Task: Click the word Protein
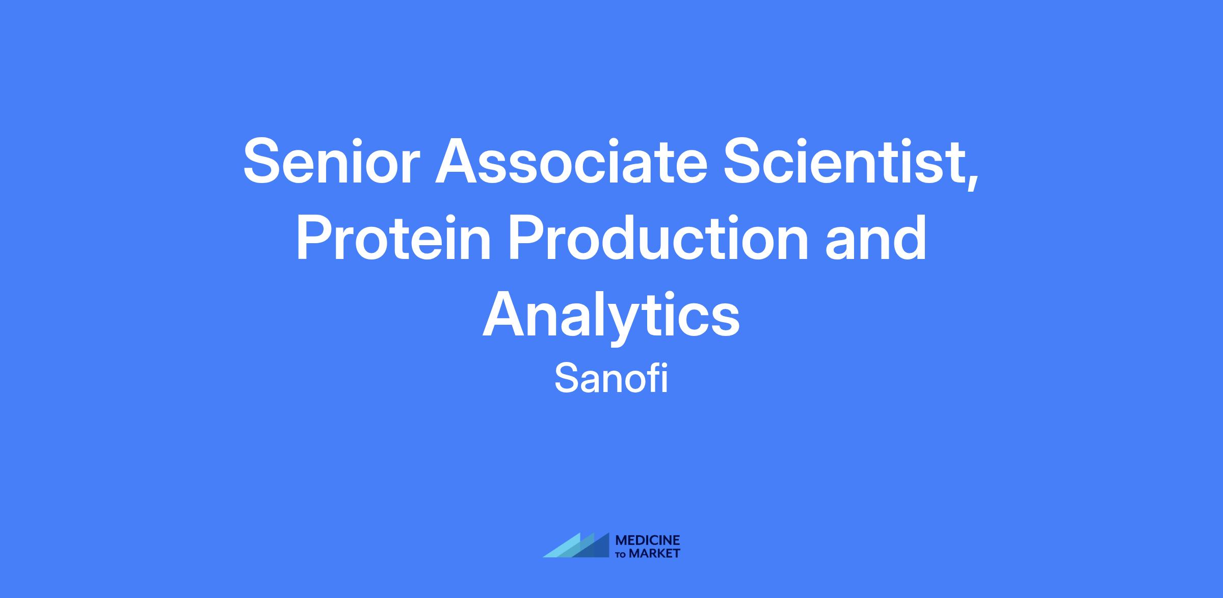click(394, 238)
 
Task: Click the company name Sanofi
click(611, 378)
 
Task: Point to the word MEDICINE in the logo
click(648, 540)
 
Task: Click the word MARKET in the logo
click(654, 553)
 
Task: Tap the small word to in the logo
click(622, 555)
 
